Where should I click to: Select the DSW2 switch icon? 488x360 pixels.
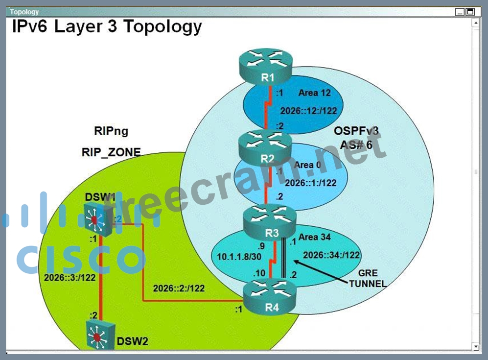tap(98, 335)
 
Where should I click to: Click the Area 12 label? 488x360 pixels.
tap(315, 93)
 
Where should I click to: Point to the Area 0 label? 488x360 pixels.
tap(307, 165)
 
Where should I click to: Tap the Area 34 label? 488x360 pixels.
tap(314, 237)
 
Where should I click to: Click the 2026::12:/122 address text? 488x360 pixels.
tap(308, 110)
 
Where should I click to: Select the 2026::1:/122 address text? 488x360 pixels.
tap(311, 183)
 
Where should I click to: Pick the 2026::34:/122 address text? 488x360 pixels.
tap(331, 255)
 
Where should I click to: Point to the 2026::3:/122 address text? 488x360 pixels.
tap(70, 277)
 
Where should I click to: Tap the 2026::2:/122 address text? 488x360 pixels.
tap(179, 288)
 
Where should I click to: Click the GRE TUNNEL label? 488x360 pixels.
tap(368, 278)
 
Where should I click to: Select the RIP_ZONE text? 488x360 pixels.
tap(111, 152)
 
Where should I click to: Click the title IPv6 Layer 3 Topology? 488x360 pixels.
tap(107, 26)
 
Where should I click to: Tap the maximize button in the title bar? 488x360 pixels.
tap(470, 12)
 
